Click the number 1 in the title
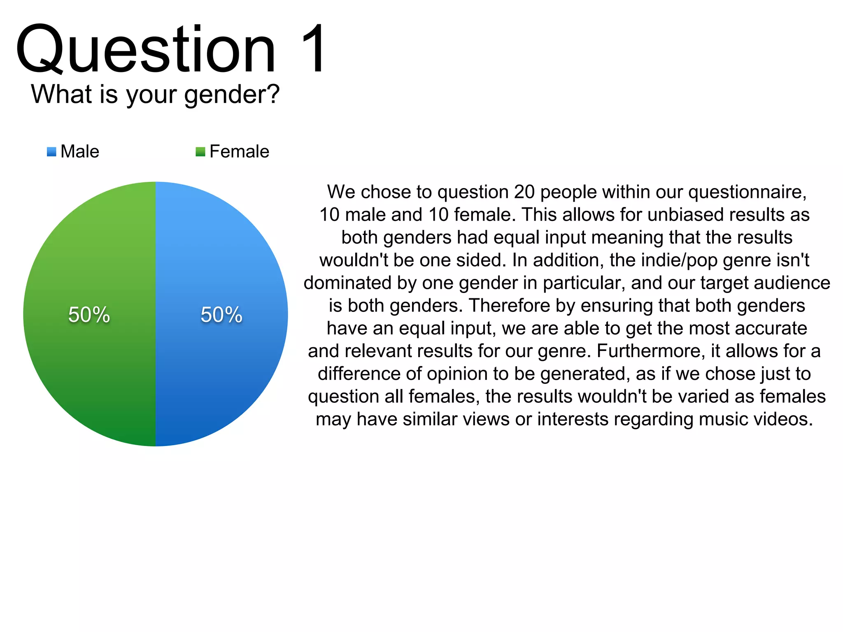[314, 49]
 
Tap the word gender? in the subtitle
[231, 95]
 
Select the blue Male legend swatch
[51, 152]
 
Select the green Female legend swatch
[200, 152]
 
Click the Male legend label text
[80, 151]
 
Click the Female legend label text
[239, 151]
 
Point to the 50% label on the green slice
[89, 315]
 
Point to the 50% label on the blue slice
[221, 315]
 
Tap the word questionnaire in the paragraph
[746, 192]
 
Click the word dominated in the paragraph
[347, 283]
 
